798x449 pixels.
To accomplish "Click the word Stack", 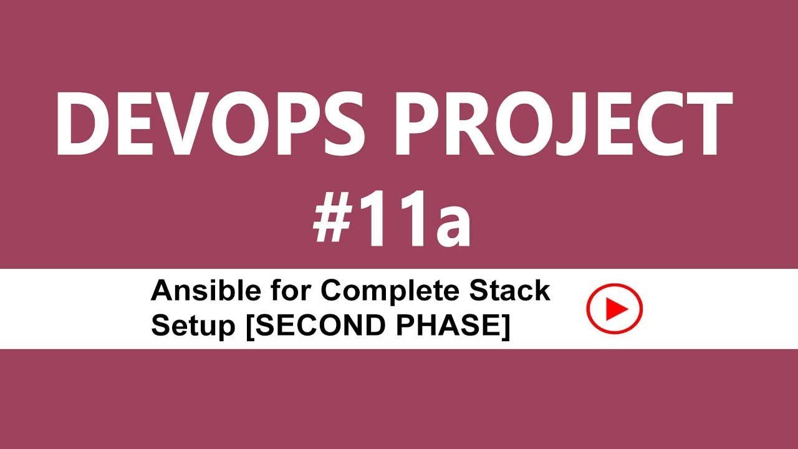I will pyautogui.click(x=516, y=291).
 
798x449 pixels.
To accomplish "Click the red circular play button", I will pyautogui.click(x=614, y=308).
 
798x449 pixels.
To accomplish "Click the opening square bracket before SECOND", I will pyautogui.click(x=251, y=327).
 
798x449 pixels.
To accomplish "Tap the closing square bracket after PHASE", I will pyautogui.click(x=506, y=327).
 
